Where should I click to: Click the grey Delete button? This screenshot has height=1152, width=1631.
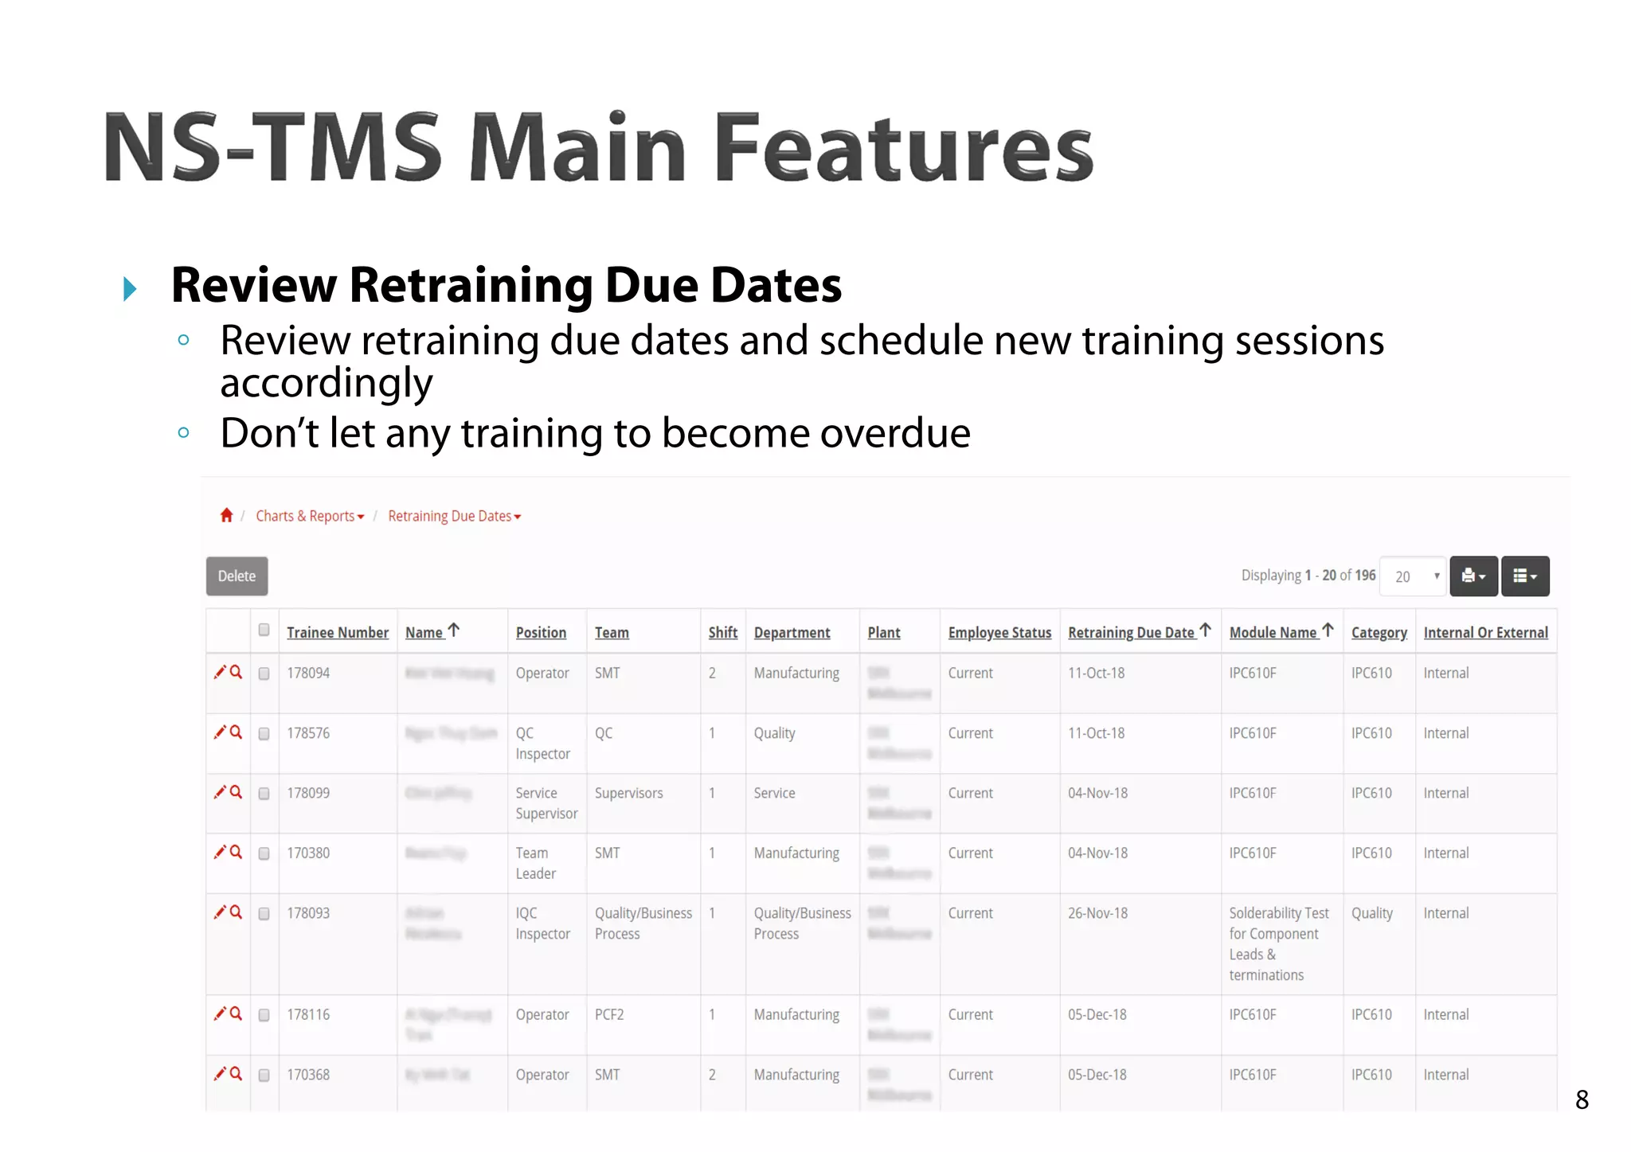point(237,576)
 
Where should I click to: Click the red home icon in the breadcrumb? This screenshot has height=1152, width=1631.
point(226,515)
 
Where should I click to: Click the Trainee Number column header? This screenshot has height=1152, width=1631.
point(338,632)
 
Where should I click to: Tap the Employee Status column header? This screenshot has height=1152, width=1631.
point(999,632)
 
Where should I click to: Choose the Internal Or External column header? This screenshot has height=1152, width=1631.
point(1485,632)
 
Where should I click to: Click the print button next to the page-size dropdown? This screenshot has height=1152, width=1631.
point(1473,576)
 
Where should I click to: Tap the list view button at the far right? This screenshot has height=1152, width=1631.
point(1525,576)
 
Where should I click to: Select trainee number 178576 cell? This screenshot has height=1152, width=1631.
point(308,732)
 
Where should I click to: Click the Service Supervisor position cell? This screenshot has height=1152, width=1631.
point(546,802)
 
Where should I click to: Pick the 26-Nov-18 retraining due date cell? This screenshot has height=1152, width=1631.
point(1097,913)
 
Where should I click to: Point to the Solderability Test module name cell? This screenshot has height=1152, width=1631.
point(1277,943)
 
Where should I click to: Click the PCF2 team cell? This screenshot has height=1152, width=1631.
point(609,1014)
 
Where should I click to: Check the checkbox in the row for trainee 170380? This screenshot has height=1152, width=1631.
point(264,853)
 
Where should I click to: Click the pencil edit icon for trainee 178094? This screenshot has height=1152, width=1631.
point(220,672)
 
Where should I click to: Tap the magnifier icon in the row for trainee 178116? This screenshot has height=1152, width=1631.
point(236,1013)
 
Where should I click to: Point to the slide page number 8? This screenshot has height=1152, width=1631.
point(1582,1099)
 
